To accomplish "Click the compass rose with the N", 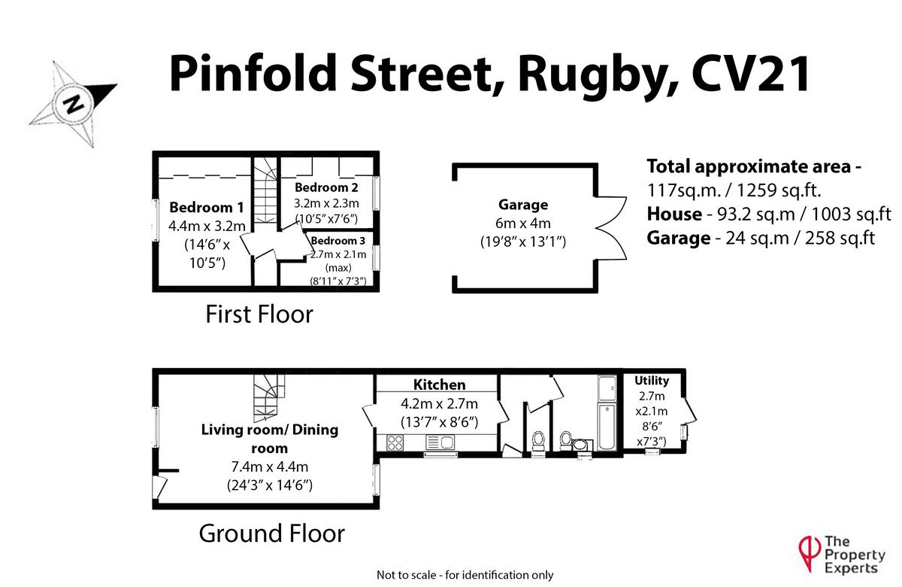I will [x=73, y=102].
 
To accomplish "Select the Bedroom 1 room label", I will [x=207, y=208].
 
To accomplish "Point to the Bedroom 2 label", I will [x=326, y=187].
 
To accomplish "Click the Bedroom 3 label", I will [x=337, y=241].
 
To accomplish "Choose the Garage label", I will [x=523, y=205].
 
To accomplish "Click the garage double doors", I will [x=607, y=224].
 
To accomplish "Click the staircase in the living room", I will [x=268, y=400].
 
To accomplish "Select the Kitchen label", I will [x=440, y=385].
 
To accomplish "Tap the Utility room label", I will [x=651, y=381].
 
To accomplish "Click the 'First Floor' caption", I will [x=259, y=314].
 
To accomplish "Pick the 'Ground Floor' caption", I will [x=271, y=534].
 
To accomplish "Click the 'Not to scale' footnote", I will [x=465, y=575].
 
